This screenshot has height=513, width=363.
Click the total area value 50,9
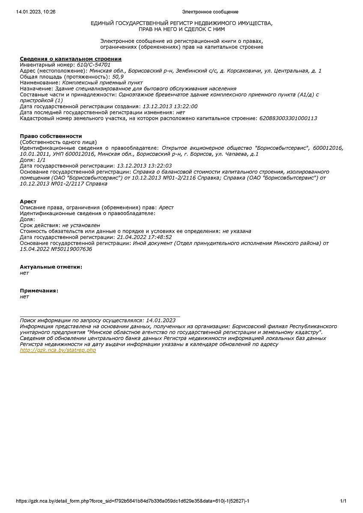click(117, 77)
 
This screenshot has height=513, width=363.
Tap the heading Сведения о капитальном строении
click(71, 59)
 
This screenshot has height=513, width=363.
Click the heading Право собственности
click(51, 136)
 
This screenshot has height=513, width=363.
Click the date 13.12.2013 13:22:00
click(170, 106)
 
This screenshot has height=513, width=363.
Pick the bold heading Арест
click(28, 201)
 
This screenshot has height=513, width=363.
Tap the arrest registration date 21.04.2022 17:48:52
click(144, 237)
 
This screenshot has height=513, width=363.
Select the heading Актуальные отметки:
click(51, 267)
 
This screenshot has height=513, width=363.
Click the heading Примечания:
click(39, 291)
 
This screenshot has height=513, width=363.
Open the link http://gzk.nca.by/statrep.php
click(58, 350)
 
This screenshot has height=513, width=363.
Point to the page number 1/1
click(343, 501)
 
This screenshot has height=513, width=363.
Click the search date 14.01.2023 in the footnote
click(161, 320)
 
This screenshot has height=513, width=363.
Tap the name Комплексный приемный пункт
click(103, 83)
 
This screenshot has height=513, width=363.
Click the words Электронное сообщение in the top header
click(210, 12)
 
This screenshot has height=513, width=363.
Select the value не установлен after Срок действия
click(81, 225)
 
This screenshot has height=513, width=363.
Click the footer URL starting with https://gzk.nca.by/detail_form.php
click(133, 501)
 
